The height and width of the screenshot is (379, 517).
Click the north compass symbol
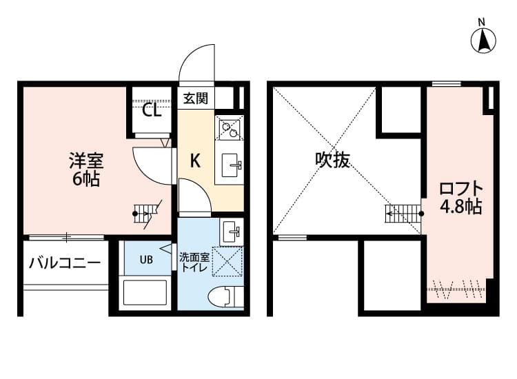point(484,39)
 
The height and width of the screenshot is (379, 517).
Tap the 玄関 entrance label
point(195,99)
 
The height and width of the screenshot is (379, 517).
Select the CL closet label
point(152,110)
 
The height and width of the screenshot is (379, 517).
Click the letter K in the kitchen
point(195,161)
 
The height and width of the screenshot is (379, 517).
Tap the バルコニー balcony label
point(65,263)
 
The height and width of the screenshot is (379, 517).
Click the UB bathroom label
point(146,260)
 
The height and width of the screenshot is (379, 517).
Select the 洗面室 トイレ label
point(194,262)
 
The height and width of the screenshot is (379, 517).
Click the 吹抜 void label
point(332,161)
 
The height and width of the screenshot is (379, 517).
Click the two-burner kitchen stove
point(229,128)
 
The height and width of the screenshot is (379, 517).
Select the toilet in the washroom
point(225,296)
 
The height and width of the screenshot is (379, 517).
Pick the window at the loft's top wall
point(446,84)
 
